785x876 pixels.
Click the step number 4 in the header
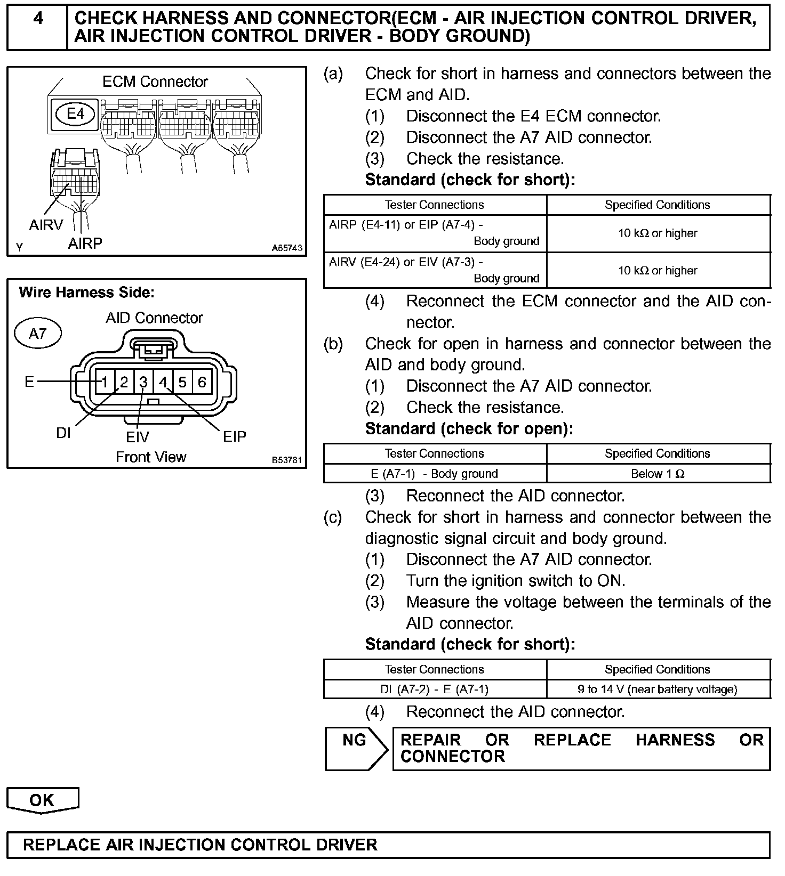pos(38,19)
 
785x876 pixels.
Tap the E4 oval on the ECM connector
pos(76,114)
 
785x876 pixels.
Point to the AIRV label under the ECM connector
pos(46,225)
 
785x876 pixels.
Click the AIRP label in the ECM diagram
pos(85,244)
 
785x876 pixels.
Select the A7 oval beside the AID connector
pos(38,334)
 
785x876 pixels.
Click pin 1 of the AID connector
pos(105,382)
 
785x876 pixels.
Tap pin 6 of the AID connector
pos(202,382)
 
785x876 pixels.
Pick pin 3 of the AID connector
pos(143,382)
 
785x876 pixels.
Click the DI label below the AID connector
pos(63,433)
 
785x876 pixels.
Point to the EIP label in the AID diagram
pos(235,437)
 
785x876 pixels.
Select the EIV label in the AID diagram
pos(138,437)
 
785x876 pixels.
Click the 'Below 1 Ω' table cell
pos(658,474)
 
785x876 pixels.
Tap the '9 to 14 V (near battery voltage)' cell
pos(658,690)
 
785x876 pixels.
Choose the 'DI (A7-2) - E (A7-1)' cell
pos(435,690)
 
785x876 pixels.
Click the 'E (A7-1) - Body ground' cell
pos(435,474)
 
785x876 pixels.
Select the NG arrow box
pos(356,748)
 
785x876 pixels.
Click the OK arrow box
pos(42,800)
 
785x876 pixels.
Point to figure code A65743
pos(287,248)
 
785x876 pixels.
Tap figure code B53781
pos(287,460)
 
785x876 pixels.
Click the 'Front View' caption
pos(151,457)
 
